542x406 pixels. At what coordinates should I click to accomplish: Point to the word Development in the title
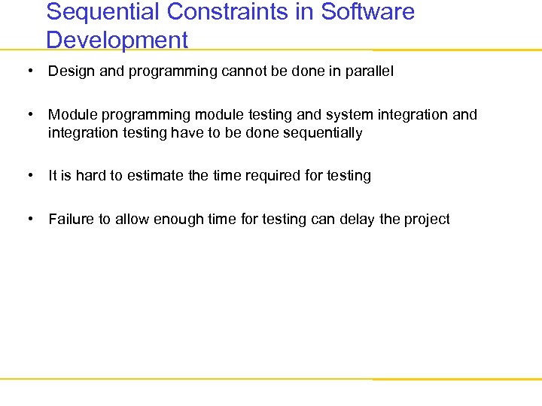(x=117, y=39)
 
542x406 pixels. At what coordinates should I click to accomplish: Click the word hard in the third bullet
(x=90, y=176)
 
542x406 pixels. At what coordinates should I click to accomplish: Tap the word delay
(x=354, y=220)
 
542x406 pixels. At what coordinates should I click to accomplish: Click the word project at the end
(x=427, y=220)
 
